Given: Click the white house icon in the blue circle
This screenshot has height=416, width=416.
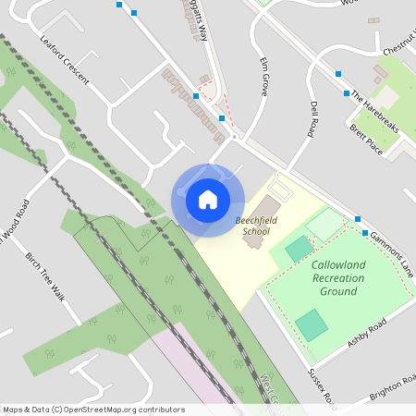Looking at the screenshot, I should coord(208,200).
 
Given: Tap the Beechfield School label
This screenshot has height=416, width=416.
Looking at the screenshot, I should coord(252,226).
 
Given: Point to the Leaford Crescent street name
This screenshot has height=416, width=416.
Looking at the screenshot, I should coord(66,60).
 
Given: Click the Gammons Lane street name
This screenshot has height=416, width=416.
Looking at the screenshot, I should coord(391,251).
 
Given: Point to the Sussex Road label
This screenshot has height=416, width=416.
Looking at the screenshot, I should coord(323,386).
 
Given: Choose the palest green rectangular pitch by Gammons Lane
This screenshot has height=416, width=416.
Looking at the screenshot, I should coord(324,223).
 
